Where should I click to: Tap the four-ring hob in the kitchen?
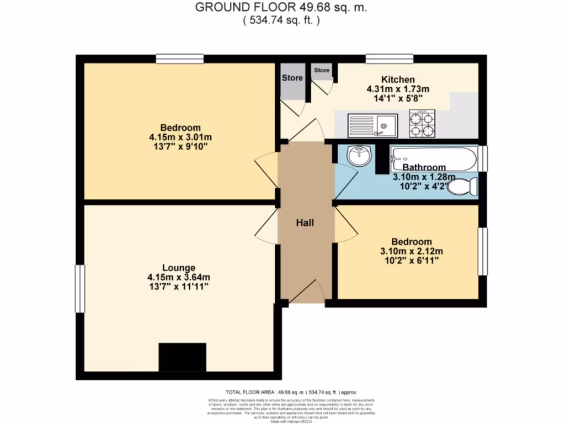tap(422, 124)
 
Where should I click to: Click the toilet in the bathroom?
tap(462, 187)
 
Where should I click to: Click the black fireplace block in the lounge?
tap(182, 357)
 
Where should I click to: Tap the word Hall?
tap(305, 223)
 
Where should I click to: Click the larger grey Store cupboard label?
tap(292, 78)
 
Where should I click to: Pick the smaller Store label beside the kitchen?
tap(322, 70)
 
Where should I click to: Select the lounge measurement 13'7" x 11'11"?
tap(175, 287)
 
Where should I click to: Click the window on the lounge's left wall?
tap(80, 288)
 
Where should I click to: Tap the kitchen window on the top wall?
tap(390, 59)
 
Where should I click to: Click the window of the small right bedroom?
tap(482, 251)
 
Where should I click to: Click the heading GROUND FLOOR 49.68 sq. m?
tap(281, 8)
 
